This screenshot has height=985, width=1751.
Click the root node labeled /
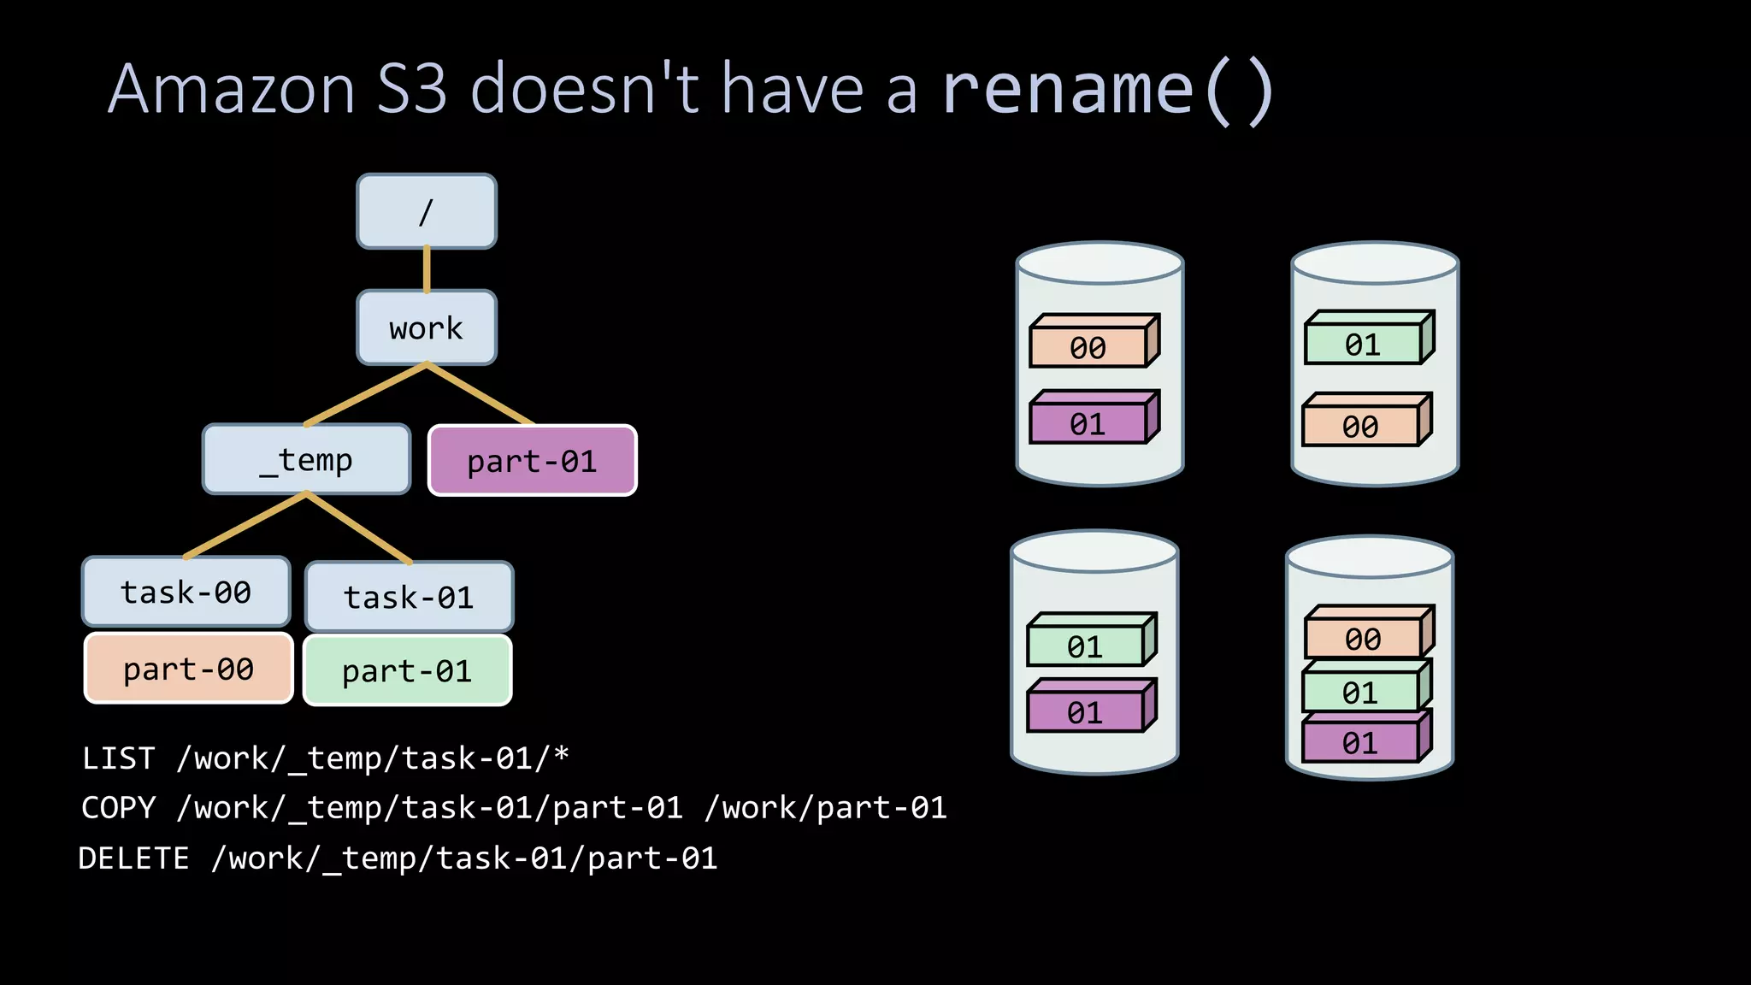tap(426, 211)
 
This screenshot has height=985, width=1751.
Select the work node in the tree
tap(426, 327)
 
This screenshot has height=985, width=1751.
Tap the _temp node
tap(306, 460)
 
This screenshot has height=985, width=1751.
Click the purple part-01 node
tap(532, 461)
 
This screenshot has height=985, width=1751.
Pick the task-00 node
tap(186, 592)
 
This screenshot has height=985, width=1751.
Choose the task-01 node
tap(409, 597)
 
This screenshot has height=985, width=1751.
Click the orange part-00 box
tap(188, 669)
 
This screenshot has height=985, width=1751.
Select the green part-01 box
tap(407, 671)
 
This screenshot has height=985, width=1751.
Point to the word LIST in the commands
tap(119, 758)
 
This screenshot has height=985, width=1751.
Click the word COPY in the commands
tap(119, 808)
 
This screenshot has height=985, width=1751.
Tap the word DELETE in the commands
tap(133, 858)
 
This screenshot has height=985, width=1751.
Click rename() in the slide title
tap(1108, 90)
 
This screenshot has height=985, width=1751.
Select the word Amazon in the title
tap(232, 90)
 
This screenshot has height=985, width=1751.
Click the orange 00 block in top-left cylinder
tap(1088, 347)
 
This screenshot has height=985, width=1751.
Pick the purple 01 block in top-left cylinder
tap(1088, 424)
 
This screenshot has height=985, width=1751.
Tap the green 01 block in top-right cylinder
tap(1362, 345)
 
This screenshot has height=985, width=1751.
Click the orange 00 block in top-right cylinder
tap(1359, 426)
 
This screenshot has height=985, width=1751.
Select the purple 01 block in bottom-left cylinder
tap(1084, 712)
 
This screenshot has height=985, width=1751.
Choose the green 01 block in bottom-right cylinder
tap(1359, 692)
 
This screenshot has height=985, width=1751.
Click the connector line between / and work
tap(427, 269)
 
